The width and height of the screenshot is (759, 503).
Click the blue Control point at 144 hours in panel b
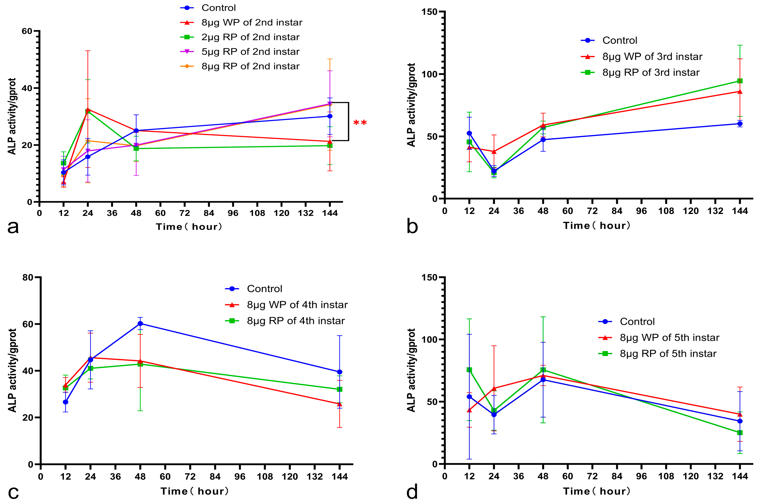[x=740, y=124]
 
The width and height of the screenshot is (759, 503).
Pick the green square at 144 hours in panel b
[x=740, y=81]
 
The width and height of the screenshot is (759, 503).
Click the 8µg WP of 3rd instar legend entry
[x=652, y=57]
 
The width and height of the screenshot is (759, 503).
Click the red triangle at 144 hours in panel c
[x=339, y=404]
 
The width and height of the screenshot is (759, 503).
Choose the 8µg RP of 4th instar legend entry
[x=296, y=321]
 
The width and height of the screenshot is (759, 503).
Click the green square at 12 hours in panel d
[x=469, y=370]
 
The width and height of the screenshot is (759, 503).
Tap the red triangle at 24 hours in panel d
[x=494, y=388]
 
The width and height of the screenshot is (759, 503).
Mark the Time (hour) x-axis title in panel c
[x=195, y=491]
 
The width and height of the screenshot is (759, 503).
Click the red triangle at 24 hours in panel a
[x=88, y=109]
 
